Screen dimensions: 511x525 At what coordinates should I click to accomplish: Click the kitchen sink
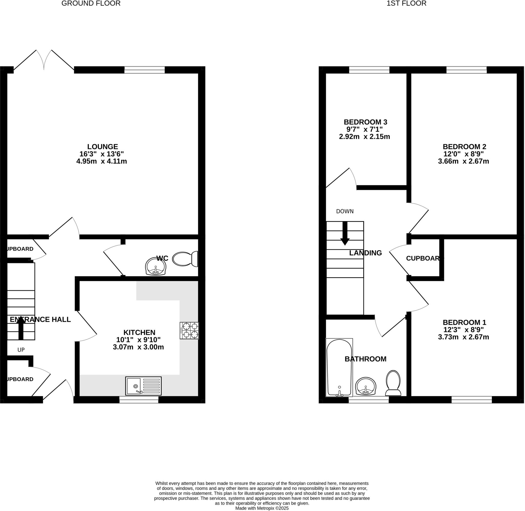click(143, 386)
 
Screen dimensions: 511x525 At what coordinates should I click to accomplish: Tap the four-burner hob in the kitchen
click(189, 331)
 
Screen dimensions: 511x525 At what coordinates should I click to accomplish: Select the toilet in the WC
click(185, 259)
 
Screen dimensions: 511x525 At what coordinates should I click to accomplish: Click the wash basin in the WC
click(156, 267)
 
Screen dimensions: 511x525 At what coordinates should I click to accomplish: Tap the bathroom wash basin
click(366, 386)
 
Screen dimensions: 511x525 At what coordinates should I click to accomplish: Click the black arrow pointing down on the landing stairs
click(345, 233)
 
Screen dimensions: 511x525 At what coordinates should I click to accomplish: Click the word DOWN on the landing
click(345, 211)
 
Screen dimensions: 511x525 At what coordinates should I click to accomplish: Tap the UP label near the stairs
click(21, 350)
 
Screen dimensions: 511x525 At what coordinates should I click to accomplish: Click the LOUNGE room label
click(103, 147)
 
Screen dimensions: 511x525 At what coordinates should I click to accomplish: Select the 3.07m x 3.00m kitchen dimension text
click(138, 347)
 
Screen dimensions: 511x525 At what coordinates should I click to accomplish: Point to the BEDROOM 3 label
click(365, 122)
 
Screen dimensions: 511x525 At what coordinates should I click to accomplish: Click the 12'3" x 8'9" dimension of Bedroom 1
click(463, 330)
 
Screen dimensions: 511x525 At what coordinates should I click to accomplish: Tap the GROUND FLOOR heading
click(91, 4)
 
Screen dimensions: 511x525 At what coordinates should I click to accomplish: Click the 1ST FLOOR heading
click(406, 4)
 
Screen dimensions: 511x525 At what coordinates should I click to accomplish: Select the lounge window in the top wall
click(145, 70)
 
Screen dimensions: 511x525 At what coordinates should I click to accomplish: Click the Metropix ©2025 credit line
click(262, 508)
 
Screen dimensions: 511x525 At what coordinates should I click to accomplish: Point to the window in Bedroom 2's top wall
click(467, 70)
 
